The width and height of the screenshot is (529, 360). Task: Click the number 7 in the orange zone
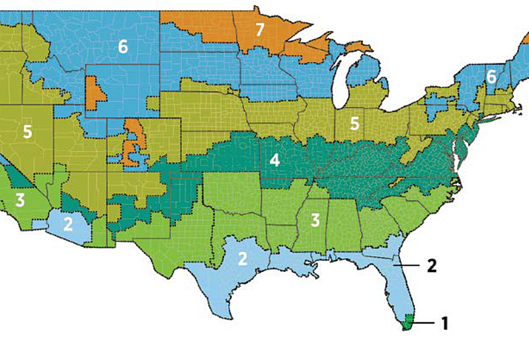click(259, 29)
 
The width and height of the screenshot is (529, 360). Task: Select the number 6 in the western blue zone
click(123, 46)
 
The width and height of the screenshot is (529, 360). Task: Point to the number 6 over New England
click(491, 76)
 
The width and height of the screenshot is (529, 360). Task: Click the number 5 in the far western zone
click(27, 131)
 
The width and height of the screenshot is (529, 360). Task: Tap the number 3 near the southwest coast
click(20, 199)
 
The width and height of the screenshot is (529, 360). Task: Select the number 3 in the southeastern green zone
click(316, 219)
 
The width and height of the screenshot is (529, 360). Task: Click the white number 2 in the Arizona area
click(68, 223)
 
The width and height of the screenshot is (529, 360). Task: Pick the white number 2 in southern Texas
click(243, 258)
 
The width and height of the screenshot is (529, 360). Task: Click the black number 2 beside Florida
click(431, 265)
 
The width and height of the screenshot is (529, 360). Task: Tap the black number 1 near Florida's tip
click(444, 323)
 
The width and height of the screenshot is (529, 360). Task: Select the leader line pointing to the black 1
click(424, 323)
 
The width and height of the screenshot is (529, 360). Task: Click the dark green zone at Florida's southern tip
click(408, 322)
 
